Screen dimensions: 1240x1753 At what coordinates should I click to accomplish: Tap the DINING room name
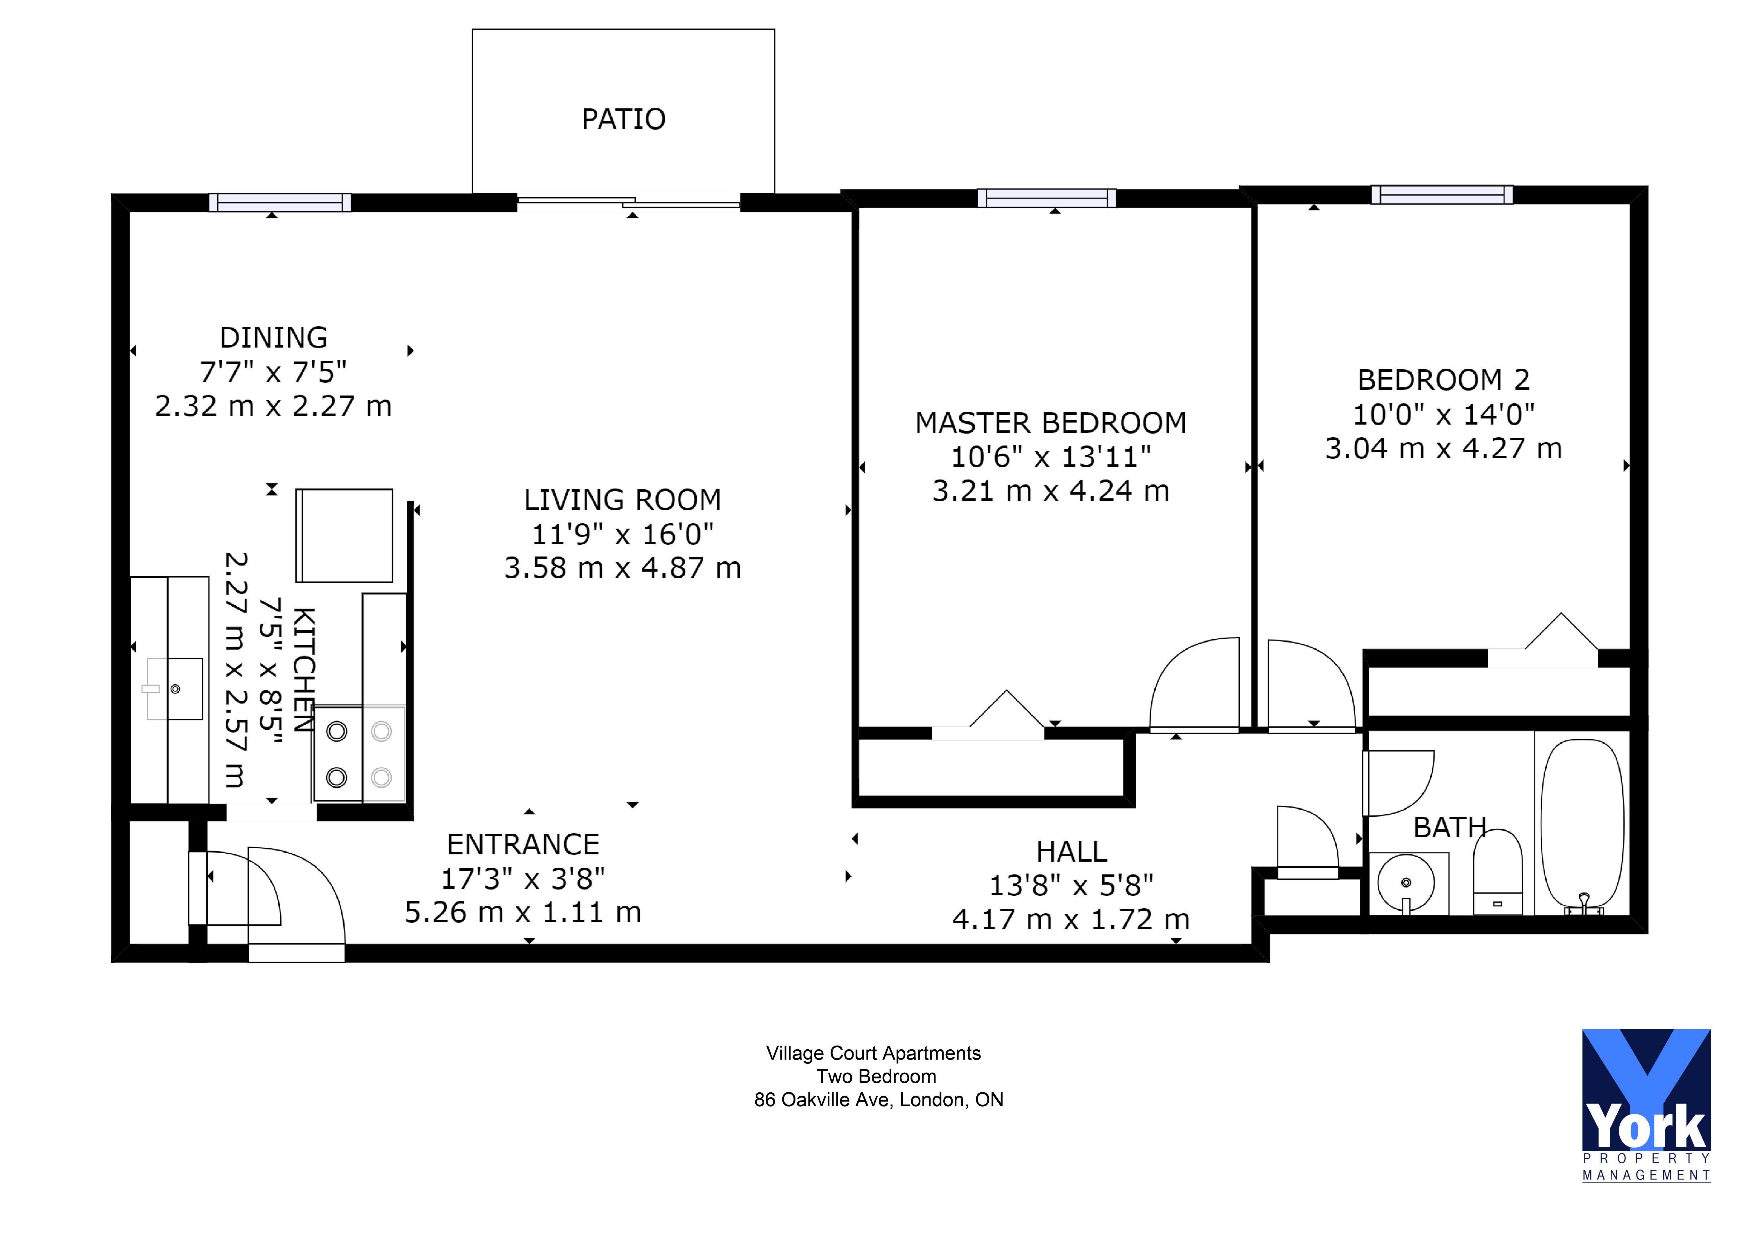(x=273, y=337)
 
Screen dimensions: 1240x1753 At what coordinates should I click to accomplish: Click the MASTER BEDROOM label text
(x=1051, y=423)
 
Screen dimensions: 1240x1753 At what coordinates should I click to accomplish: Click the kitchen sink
(x=175, y=689)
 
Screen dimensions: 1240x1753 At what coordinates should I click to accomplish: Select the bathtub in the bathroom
(x=1582, y=823)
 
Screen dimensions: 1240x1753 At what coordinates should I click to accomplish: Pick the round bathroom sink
(x=1406, y=883)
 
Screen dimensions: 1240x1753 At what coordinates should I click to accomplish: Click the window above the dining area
(x=280, y=202)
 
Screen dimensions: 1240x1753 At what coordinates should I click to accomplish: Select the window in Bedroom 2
(x=1442, y=195)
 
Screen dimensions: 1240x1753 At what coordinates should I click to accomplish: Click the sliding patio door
(x=628, y=201)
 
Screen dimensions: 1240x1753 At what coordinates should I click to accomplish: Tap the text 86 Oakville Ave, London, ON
(x=878, y=1100)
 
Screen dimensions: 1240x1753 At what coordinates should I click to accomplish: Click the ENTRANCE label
(x=523, y=844)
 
